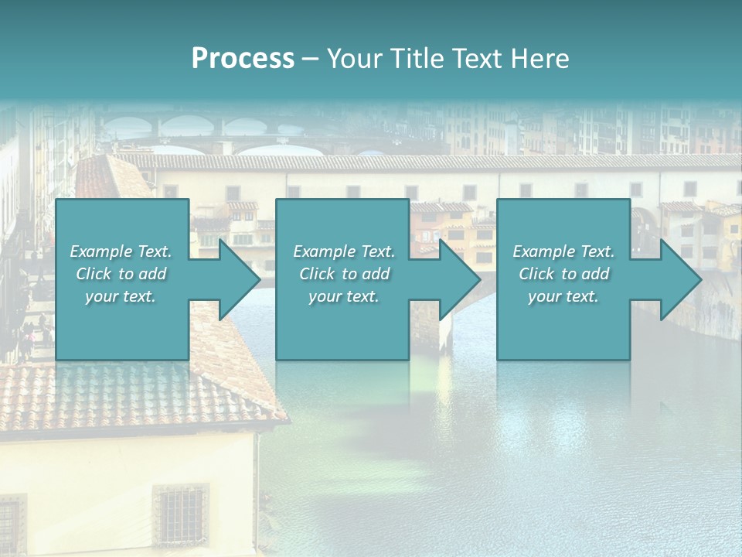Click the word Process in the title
(x=243, y=59)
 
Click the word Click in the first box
(x=94, y=274)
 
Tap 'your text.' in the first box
(x=121, y=296)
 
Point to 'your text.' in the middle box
(x=343, y=296)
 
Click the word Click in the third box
(x=536, y=274)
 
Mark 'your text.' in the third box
(x=563, y=296)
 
